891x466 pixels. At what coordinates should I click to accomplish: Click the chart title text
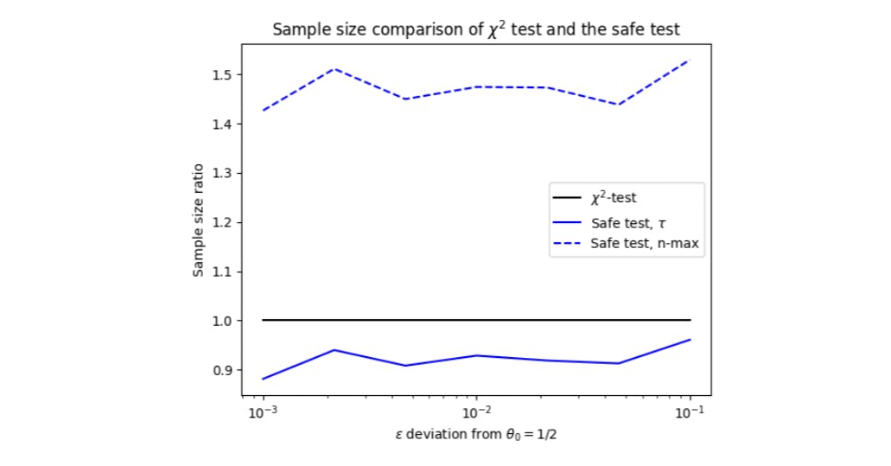coord(476,29)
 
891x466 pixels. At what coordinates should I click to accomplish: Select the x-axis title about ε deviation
coord(476,434)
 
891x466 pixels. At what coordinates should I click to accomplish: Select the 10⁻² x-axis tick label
coord(476,411)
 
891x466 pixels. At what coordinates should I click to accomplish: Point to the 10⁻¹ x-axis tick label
coord(690,411)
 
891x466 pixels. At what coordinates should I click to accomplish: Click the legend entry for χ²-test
coord(613,199)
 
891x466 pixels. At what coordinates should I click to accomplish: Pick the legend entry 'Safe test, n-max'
coord(644,245)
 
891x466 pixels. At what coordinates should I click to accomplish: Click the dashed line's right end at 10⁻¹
coord(690,60)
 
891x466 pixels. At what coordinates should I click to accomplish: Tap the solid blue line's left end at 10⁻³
coord(263,379)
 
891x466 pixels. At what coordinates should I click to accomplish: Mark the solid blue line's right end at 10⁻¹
coord(690,340)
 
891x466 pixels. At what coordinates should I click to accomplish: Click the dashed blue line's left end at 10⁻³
coord(263,110)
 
